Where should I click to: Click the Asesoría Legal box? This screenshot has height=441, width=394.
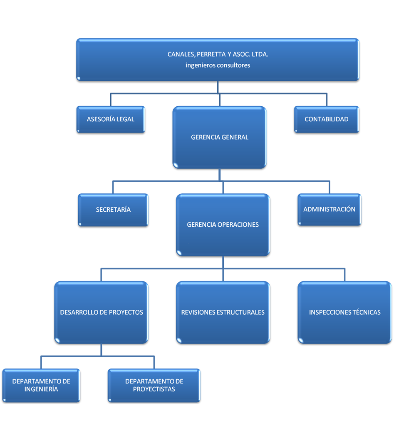111,119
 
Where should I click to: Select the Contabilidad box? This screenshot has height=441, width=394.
326,119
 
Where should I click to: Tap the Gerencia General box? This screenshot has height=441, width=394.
220,137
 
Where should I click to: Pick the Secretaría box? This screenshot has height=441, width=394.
113,210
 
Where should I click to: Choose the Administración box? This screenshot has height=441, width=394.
329,209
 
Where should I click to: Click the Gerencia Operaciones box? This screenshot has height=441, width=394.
223,225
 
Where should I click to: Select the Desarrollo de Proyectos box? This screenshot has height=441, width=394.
102,312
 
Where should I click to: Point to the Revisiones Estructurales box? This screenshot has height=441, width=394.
223,312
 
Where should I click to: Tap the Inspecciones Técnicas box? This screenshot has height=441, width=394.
344,312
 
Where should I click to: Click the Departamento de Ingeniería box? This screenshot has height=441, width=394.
41,385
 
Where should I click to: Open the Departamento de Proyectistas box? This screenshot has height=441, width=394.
154,385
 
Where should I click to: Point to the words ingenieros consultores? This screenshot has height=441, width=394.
218,65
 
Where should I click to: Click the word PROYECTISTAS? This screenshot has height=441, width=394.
154,389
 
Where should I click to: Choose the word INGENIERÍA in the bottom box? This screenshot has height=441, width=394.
41,389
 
